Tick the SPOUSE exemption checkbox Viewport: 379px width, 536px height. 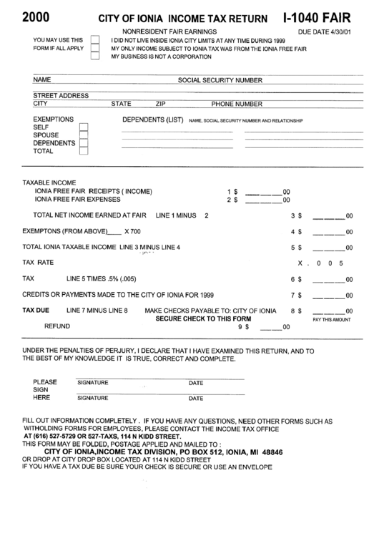pyautogui.click(x=84, y=135)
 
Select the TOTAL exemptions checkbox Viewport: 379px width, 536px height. pyautogui.click(x=84, y=151)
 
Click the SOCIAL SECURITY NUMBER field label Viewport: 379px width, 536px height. pyautogui.click(x=220, y=81)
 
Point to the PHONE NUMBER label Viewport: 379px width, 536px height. pyautogui.click(x=237, y=104)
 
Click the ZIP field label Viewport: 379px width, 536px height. pyautogui.click(x=161, y=104)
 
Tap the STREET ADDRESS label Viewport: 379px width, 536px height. pyautogui.click(x=61, y=96)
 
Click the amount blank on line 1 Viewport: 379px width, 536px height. pyautogui.click(x=262, y=193)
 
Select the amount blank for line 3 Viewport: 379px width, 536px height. pyautogui.click(x=330, y=215)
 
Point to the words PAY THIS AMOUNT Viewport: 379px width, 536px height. pyautogui.click(x=331, y=320)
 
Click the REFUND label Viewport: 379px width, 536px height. pyautogui.click(x=57, y=326)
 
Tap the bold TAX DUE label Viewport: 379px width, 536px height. pyautogui.click(x=36, y=311)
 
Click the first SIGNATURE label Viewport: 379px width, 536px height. pyautogui.click(x=92, y=383)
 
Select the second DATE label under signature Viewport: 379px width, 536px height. pyautogui.click(x=196, y=399)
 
